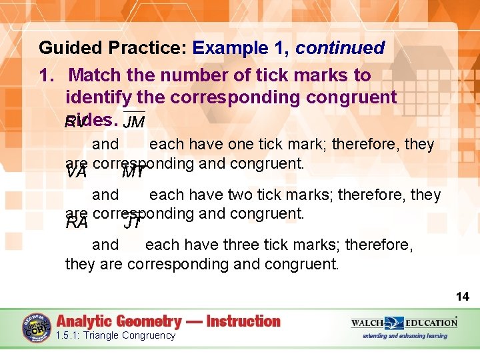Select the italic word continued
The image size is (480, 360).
[x=340, y=49]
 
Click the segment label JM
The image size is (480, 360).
[x=135, y=121]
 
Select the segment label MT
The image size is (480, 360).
[x=134, y=173]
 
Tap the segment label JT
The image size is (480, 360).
[x=133, y=223]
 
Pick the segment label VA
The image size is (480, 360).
[x=77, y=173]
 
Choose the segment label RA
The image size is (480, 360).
[x=77, y=223]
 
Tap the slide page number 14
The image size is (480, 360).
[x=462, y=296]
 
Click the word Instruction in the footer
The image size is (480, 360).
[x=243, y=321]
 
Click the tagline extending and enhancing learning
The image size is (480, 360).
[x=404, y=336]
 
